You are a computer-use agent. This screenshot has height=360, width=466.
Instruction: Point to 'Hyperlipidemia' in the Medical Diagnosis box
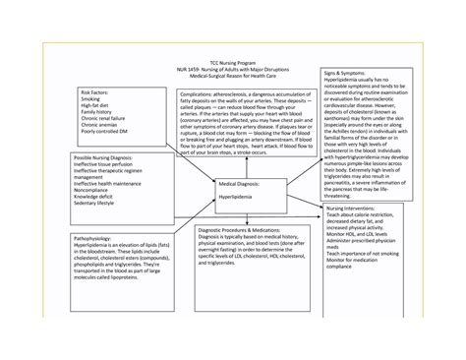[240, 198]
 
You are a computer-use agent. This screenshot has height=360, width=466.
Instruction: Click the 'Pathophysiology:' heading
[89, 237]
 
